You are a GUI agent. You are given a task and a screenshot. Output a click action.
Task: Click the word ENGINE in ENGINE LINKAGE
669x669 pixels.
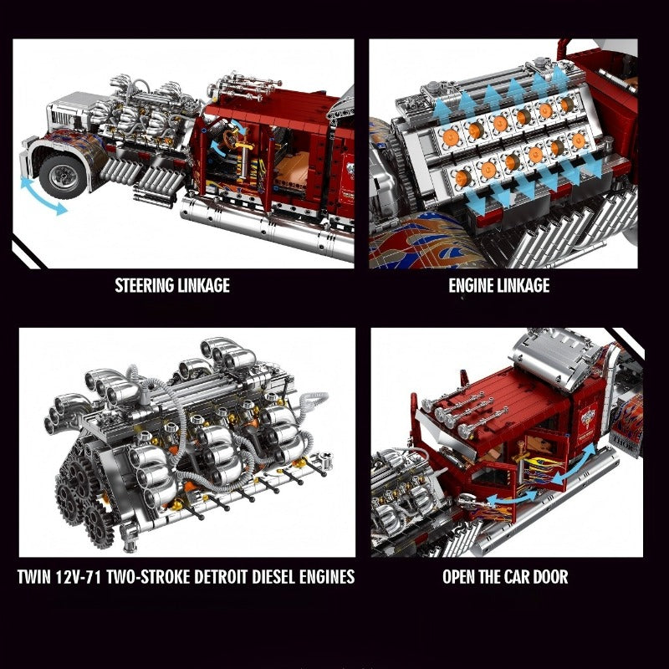tap(472, 285)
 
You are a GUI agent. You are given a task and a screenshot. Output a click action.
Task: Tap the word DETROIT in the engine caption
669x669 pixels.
tap(221, 577)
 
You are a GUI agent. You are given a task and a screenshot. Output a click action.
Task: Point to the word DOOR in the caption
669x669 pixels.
tap(550, 577)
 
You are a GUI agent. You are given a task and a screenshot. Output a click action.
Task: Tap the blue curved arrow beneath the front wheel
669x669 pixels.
tap(42, 197)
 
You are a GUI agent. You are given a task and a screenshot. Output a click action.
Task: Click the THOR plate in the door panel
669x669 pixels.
tap(626, 440)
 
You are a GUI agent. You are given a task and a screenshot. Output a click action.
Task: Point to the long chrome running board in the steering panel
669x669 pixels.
tap(267, 226)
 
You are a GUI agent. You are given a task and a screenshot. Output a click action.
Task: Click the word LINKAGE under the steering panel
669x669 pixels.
tap(203, 285)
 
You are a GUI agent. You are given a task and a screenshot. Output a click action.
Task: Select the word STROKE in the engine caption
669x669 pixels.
tap(166, 577)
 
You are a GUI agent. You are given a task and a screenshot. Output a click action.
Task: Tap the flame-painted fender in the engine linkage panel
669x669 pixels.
tap(422, 241)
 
